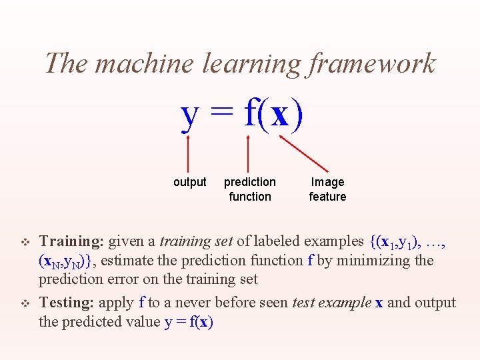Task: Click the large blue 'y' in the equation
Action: [x=190, y=115]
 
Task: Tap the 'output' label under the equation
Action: [x=190, y=182]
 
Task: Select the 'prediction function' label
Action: [x=250, y=189]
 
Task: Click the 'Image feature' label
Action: [x=327, y=189]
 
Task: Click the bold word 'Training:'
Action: [x=71, y=241]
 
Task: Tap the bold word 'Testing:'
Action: [x=67, y=302]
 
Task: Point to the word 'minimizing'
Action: [x=374, y=260]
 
